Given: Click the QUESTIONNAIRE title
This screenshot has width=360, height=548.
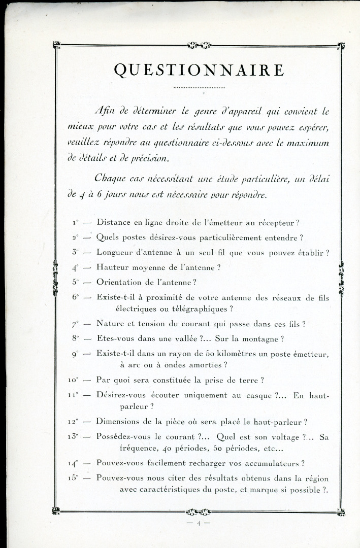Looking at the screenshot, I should point(199,70).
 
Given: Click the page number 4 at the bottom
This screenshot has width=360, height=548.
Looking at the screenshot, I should point(198,523).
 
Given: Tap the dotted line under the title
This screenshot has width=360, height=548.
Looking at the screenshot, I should point(199,88).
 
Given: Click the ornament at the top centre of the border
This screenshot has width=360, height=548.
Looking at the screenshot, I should point(199,46).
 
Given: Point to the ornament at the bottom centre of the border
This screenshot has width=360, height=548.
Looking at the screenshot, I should point(199,511).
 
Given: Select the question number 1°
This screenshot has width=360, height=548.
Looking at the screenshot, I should point(76,222).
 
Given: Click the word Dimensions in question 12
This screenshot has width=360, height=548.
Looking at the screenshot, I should point(121,422).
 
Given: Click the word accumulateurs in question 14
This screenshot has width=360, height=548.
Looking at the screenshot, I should point(269,463).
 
